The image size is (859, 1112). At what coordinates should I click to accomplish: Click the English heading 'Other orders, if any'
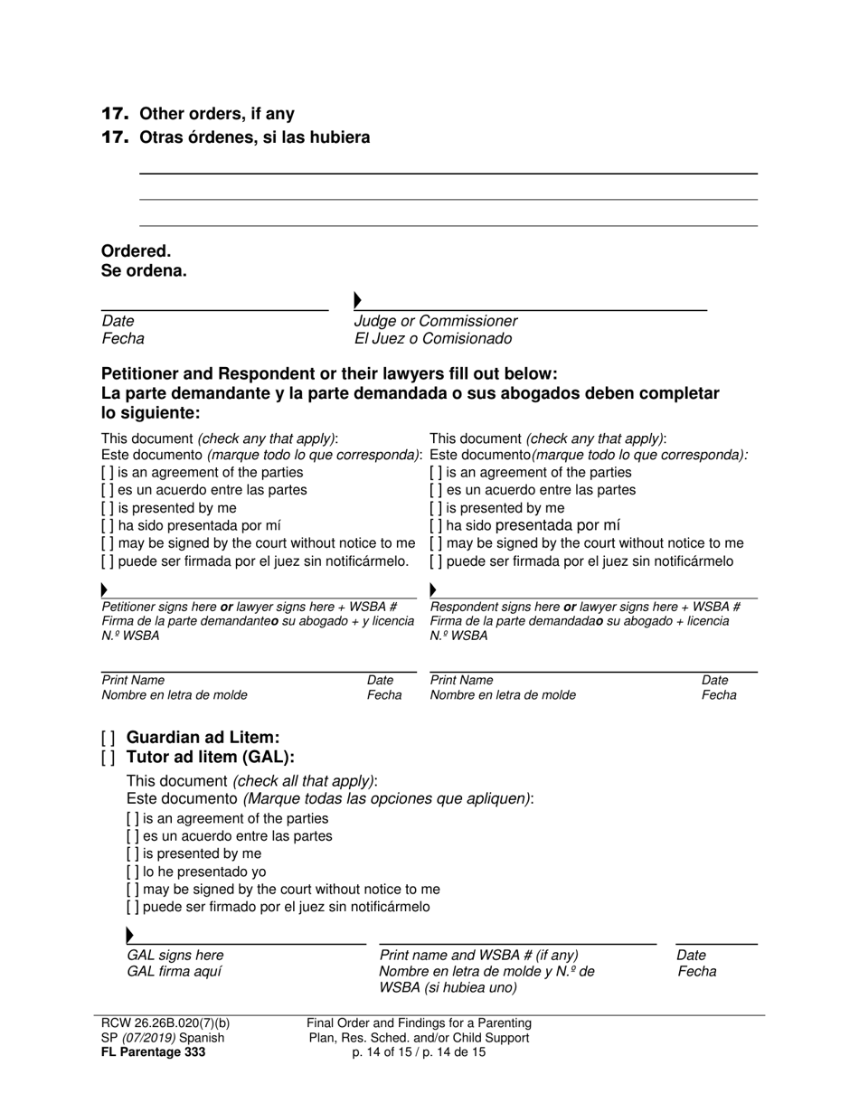tap(216, 114)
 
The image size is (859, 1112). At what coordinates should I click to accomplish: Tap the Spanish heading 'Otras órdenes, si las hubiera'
tap(254, 137)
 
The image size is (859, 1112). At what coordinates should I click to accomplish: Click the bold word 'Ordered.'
tap(136, 251)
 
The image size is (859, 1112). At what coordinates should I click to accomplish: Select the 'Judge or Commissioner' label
tap(435, 321)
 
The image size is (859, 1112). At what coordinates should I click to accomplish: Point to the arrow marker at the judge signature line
tap(358, 300)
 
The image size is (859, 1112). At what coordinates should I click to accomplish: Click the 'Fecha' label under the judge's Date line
tap(122, 339)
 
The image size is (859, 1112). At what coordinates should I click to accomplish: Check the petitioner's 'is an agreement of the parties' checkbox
tap(108, 473)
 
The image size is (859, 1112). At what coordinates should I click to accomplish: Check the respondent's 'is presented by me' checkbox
tap(436, 508)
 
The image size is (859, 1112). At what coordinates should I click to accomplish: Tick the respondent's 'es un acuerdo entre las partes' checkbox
tap(436, 490)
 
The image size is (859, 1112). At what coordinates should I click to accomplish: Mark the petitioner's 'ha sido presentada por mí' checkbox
tap(108, 525)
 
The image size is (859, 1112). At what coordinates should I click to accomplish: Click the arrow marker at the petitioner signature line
tap(105, 590)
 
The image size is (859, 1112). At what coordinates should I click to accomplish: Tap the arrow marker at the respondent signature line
tap(433, 590)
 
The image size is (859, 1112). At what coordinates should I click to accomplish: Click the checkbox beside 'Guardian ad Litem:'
tap(109, 738)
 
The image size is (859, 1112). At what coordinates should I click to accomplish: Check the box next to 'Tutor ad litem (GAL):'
tap(109, 758)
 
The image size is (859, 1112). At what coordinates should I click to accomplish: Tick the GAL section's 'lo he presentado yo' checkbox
tap(133, 872)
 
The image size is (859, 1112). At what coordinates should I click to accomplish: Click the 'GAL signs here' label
tap(175, 956)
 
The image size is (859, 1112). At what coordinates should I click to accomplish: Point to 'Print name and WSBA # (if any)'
tap(478, 956)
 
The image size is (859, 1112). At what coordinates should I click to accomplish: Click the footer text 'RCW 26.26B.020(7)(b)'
tap(165, 1023)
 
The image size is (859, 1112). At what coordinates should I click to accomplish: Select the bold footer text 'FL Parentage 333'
tap(154, 1052)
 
